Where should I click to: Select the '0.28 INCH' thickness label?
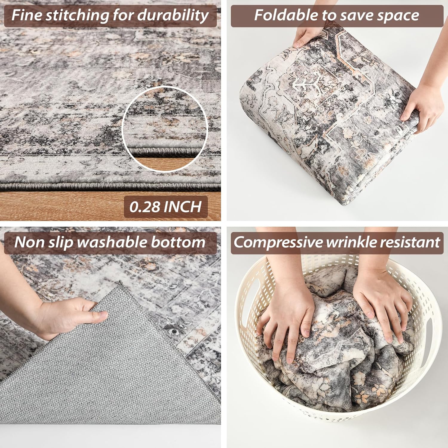click(166, 207)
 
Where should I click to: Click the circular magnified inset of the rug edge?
click(165, 129)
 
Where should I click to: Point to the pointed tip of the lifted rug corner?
click(120, 281)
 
